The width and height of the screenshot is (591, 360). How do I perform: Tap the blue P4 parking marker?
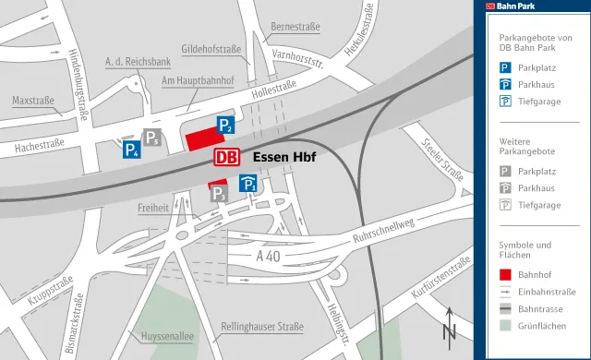click(x=132, y=149)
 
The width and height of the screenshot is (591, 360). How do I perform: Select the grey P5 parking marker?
click(x=151, y=138)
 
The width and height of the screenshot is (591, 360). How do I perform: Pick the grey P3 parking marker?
click(x=219, y=193)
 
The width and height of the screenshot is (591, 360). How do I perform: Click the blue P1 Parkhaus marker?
click(x=248, y=185)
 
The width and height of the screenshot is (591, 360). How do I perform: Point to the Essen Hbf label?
click(x=284, y=157)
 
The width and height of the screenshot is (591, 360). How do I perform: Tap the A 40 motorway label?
click(x=268, y=255)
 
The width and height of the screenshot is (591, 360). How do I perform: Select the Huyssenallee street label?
click(x=167, y=337)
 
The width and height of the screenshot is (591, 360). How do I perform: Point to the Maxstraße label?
click(x=33, y=100)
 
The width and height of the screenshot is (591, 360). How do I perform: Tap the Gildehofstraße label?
click(x=211, y=48)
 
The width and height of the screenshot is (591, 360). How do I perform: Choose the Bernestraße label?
click(x=295, y=27)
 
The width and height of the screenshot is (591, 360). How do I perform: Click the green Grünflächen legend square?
click(x=505, y=325)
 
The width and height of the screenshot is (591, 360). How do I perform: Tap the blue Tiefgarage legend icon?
click(x=505, y=102)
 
